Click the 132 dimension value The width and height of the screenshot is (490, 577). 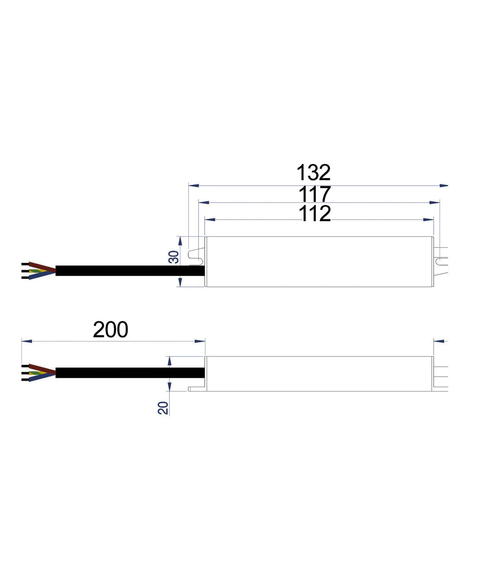pyautogui.click(x=314, y=173)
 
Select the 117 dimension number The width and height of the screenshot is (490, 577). pyautogui.click(x=314, y=194)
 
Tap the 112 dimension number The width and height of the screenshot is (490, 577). pyautogui.click(x=314, y=214)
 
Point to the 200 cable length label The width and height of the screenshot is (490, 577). pyautogui.click(x=110, y=330)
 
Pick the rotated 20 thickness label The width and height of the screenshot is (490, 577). pyautogui.click(x=163, y=408)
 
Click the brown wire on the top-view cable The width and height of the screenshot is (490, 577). pyautogui.click(x=42, y=266)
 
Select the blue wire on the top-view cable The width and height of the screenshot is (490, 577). pyautogui.click(x=42, y=275)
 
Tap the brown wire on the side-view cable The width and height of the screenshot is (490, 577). pyautogui.click(x=42, y=368)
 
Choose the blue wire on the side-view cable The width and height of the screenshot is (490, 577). pyautogui.click(x=42, y=377)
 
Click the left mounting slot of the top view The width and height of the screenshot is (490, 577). pyautogui.click(x=196, y=255)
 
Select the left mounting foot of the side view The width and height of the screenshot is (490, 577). pyautogui.click(x=196, y=389)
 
